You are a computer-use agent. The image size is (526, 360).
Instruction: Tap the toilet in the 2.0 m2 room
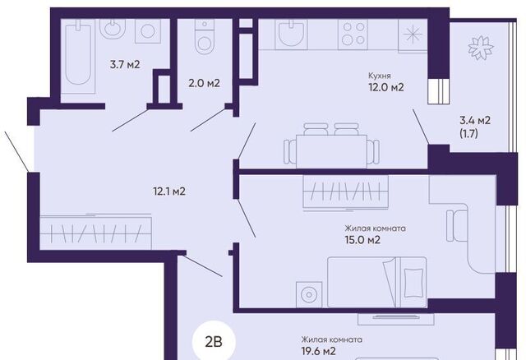(205, 36)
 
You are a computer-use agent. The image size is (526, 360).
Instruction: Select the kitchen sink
(291, 35)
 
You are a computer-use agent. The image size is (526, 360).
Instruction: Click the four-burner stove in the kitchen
(353, 33)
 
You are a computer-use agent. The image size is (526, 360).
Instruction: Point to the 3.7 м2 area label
(125, 64)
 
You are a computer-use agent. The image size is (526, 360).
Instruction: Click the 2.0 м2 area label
(204, 83)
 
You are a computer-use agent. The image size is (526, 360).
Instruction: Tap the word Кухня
(380, 76)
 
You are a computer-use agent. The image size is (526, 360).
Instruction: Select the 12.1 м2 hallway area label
(169, 192)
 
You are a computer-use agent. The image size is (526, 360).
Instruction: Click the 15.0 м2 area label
(362, 240)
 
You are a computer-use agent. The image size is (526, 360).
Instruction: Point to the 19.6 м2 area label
(318, 351)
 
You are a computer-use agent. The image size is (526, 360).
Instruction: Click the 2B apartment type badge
(214, 343)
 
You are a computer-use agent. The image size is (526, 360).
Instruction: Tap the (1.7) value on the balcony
(468, 133)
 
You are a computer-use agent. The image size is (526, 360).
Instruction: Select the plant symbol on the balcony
(481, 48)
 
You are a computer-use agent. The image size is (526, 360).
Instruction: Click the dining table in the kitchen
(331, 151)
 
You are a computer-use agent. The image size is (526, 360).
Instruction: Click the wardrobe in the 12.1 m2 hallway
(95, 232)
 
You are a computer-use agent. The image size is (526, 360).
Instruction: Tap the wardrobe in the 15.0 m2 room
(345, 192)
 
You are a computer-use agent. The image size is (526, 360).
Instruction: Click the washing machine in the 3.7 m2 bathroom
(148, 31)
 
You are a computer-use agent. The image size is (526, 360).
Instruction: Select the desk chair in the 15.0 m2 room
(457, 225)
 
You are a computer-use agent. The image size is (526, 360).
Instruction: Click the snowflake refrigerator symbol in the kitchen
(413, 35)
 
